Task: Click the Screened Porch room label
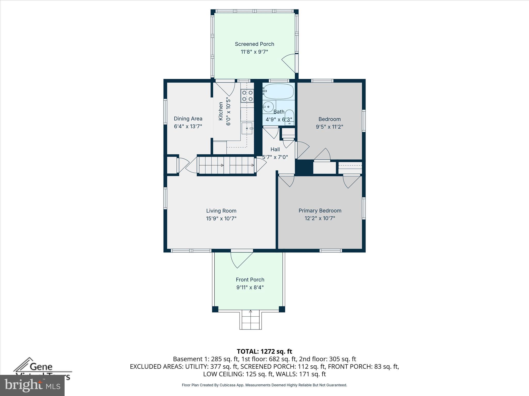click(x=254, y=44)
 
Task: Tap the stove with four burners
click(x=247, y=96)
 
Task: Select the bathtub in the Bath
click(x=278, y=91)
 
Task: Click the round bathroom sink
click(x=268, y=106)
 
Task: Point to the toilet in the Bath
click(x=289, y=118)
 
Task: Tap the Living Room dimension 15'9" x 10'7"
click(x=221, y=219)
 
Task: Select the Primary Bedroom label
click(x=320, y=211)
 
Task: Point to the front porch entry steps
click(x=251, y=320)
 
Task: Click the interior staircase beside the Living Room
click(x=226, y=165)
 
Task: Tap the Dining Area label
click(x=188, y=119)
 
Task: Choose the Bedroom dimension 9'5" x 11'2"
click(x=329, y=127)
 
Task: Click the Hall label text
click(x=275, y=149)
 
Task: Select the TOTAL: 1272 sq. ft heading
click(x=264, y=351)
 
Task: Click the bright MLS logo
click(x=32, y=385)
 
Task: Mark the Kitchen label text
click(x=221, y=111)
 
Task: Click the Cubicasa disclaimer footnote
click(x=264, y=385)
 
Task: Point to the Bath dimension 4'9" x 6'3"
click(x=279, y=120)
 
